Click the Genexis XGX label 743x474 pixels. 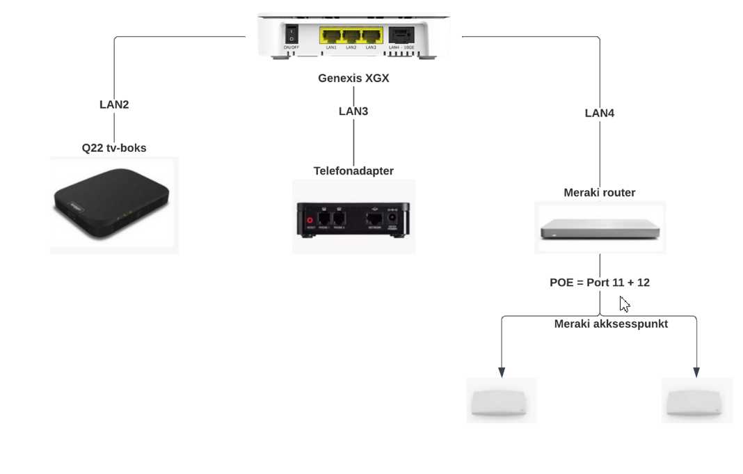pyautogui.click(x=353, y=78)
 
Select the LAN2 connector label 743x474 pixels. pyautogui.click(x=114, y=105)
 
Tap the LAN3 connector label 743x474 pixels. pyautogui.click(x=353, y=111)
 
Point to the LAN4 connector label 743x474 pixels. pyautogui.click(x=599, y=113)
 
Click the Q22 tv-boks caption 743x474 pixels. pyautogui.click(x=114, y=148)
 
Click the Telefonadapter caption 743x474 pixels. pyautogui.click(x=353, y=171)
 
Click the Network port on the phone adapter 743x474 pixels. pyautogui.click(x=373, y=219)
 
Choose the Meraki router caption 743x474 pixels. pyautogui.click(x=599, y=192)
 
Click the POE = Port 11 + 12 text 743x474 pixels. pyautogui.click(x=599, y=283)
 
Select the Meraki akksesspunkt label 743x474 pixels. pyautogui.click(x=611, y=324)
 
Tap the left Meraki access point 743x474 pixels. pyautogui.click(x=501, y=402)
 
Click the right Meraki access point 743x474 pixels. pyautogui.click(x=696, y=402)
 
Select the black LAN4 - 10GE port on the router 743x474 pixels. pyautogui.click(x=401, y=34)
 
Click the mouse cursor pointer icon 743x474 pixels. pyautogui.click(x=624, y=304)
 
